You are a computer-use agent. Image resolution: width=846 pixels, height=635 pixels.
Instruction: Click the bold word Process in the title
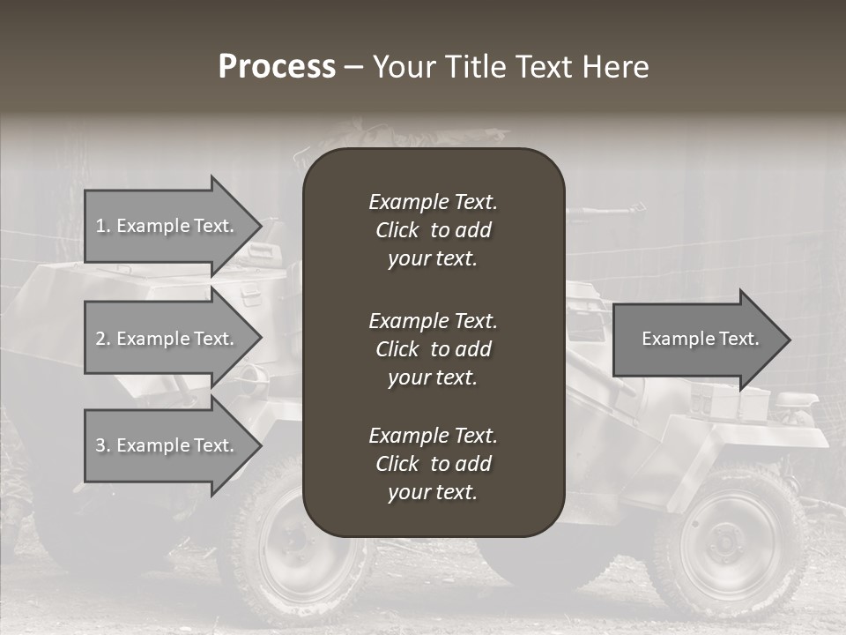(x=277, y=67)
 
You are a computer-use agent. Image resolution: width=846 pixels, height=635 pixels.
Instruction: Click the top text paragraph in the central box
(x=433, y=230)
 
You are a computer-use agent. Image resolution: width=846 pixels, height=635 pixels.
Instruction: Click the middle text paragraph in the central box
(x=433, y=349)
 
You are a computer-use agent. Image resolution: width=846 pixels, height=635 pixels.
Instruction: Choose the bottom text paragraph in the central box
(x=433, y=464)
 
